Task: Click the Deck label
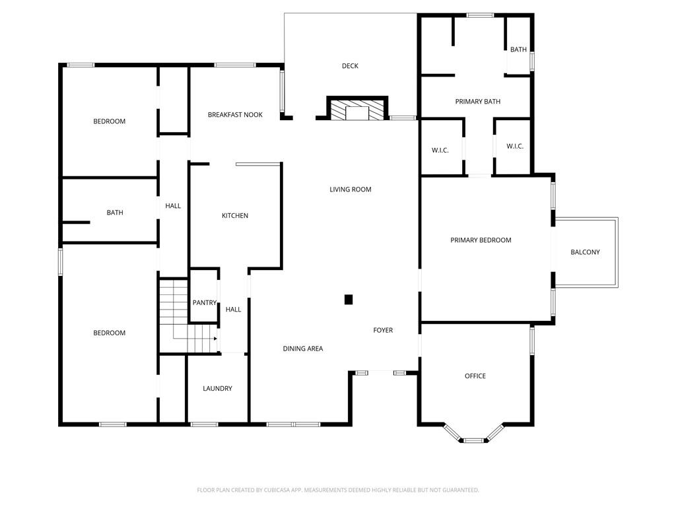click(x=350, y=66)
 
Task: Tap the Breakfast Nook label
click(x=235, y=115)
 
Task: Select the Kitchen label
click(x=235, y=216)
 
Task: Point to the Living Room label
click(x=350, y=189)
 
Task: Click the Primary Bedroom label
click(x=481, y=240)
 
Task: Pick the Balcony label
click(x=585, y=252)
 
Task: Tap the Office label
click(x=475, y=376)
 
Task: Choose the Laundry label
click(x=217, y=388)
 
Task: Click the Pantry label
click(x=205, y=302)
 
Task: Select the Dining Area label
click(x=302, y=349)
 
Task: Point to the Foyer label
click(x=383, y=330)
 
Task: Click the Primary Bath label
click(x=478, y=102)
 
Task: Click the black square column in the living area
click(x=349, y=300)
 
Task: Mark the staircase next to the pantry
click(x=188, y=316)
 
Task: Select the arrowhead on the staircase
click(x=215, y=339)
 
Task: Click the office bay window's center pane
click(x=473, y=440)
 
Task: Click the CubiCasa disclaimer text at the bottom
click(x=338, y=490)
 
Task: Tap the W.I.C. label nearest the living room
click(x=440, y=151)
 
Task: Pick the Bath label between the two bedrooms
click(x=115, y=213)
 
